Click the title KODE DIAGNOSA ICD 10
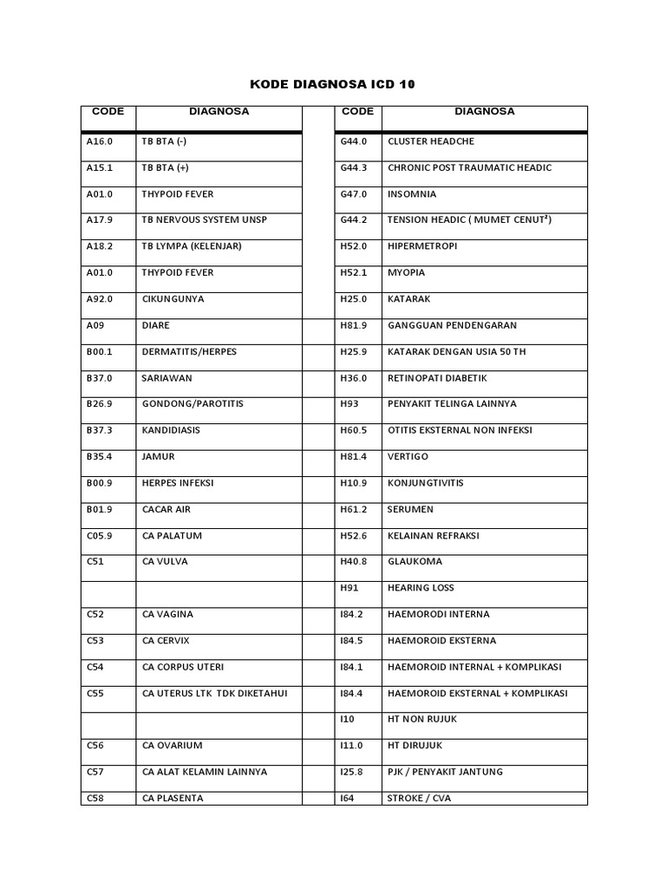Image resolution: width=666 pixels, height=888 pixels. click(333, 84)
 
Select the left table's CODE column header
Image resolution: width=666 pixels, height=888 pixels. click(108, 111)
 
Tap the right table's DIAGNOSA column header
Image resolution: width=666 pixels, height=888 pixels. click(484, 111)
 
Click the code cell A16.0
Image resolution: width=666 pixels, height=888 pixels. click(100, 141)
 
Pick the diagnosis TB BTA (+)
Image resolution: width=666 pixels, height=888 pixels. click(166, 167)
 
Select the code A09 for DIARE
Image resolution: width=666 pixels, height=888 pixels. click(95, 325)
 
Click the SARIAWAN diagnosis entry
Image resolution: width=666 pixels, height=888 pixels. click(166, 378)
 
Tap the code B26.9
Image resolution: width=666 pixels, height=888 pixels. click(100, 404)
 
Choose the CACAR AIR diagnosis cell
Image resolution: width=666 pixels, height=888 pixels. click(166, 509)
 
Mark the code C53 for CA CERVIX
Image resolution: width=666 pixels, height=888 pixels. click(95, 641)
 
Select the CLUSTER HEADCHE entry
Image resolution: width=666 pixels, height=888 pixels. click(431, 141)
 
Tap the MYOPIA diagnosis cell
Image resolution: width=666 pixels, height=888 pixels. click(407, 272)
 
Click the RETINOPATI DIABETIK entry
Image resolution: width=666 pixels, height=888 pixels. click(437, 378)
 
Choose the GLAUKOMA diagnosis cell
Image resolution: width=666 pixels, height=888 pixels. click(415, 562)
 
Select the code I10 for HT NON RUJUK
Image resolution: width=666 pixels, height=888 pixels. click(349, 719)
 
